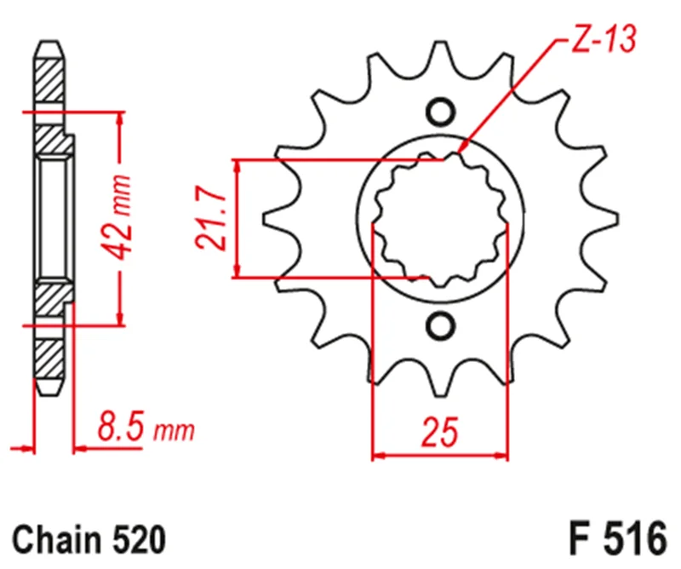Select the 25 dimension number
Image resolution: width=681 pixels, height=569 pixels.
pos(441,433)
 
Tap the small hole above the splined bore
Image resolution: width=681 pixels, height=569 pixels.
pos(441,112)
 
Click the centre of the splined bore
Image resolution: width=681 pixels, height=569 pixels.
pos(441,218)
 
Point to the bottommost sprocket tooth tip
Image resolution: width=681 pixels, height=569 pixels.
pos(441,388)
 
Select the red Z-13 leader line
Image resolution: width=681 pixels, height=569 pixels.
pos(511,94)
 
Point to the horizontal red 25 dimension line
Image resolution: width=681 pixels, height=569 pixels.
pos(441,457)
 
